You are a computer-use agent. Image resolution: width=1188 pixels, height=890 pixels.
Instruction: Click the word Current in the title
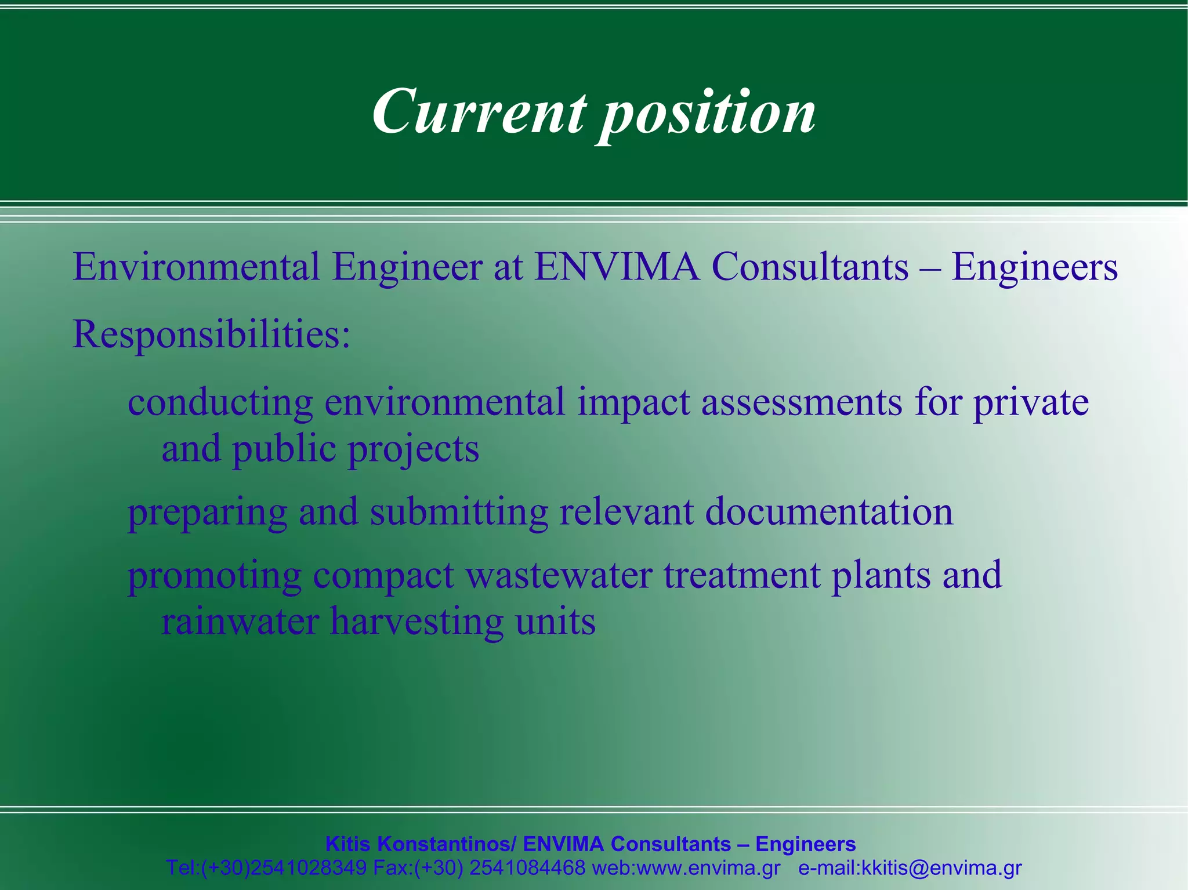click(479, 111)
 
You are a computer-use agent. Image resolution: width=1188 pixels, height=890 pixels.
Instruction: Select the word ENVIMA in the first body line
click(617, 267)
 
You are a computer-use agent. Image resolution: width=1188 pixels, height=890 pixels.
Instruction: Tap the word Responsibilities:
click(211, 335)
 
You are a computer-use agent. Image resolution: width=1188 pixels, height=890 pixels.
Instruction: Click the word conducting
click(220, 402)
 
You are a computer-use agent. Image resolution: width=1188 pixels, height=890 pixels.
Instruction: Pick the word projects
click(413, 450)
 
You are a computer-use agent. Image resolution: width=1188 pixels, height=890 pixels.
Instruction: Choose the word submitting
click(459, 512)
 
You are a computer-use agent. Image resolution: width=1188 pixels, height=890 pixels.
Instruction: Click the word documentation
click(829, 512)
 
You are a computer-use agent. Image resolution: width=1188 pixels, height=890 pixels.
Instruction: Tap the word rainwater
click(240, 622)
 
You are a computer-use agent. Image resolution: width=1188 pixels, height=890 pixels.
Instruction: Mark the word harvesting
click(416, 623)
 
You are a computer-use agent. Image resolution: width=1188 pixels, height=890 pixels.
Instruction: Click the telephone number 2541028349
click(308, 868)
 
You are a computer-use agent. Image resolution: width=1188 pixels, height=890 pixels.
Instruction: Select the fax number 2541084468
click(527, 868)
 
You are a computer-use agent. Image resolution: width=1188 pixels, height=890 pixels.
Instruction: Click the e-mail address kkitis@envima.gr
click(941, 868)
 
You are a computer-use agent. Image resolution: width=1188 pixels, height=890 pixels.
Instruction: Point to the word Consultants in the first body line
click(810, 267)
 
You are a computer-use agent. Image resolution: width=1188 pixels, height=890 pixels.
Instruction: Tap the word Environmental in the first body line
click(196, 267)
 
